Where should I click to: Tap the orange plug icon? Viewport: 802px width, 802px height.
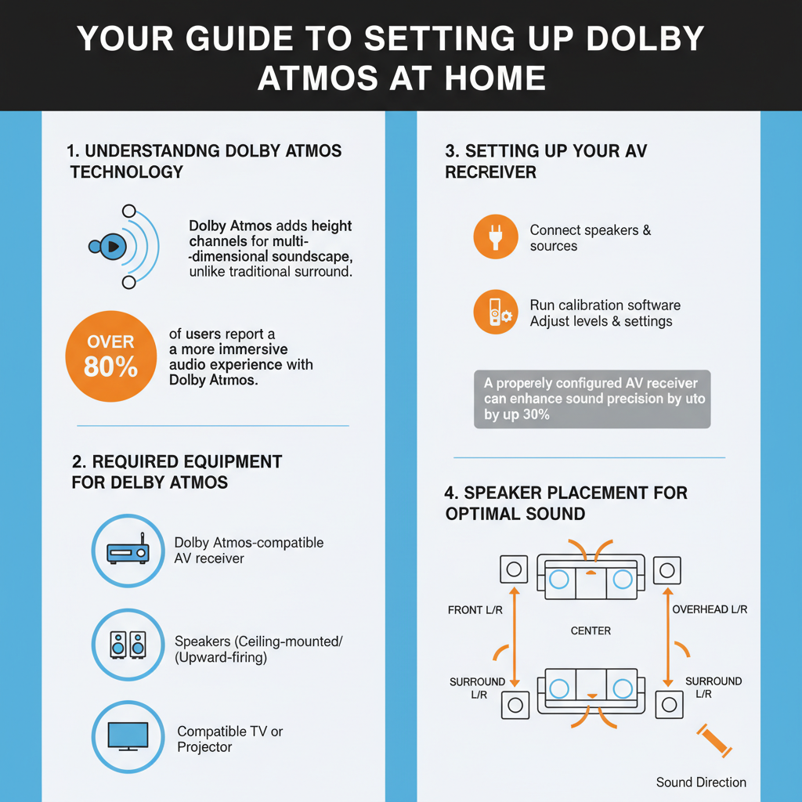click(x=496, y=237)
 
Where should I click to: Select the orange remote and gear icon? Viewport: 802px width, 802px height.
click(x=496, y=312)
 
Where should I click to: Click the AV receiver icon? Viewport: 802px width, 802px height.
click(x=128, y=551)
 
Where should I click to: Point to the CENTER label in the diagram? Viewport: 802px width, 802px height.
click(x=591, y=630)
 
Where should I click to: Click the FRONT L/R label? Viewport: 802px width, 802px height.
click(x=476, y=609)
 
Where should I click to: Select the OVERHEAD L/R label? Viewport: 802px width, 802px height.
click(x=710, y=609)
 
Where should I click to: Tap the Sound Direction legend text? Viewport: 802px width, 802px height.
click(x=701, y=782)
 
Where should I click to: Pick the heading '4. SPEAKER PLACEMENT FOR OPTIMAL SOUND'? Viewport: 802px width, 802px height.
click(x=565, y=503)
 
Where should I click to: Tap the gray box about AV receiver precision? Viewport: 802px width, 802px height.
click(x=592, y=399)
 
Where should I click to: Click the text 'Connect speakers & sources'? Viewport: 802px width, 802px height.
click(x=590, y=238)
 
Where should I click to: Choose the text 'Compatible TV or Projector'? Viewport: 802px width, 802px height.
click(x=229, y=739)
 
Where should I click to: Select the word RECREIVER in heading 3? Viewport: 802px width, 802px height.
click(x=491, y=172)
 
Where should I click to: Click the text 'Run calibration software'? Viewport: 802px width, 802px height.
click(x=605, y=305)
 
